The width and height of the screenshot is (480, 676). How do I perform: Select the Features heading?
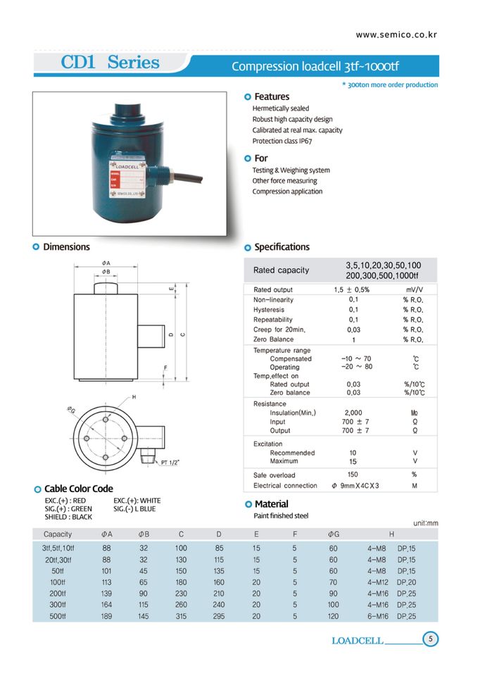271,96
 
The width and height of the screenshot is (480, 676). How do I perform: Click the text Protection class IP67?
282,141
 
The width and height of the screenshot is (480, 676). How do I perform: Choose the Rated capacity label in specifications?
281,270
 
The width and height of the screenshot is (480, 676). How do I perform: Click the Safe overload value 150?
353,475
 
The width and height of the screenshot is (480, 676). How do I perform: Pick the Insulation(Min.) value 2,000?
353,413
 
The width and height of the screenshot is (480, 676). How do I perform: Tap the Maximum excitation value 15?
353,461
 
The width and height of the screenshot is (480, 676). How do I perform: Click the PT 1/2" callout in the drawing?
171,462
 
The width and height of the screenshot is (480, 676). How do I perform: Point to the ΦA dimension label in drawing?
106,263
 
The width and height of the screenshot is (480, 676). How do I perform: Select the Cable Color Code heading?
78,489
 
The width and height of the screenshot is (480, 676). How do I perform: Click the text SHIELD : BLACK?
68,517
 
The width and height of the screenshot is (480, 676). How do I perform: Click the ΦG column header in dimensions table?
334,534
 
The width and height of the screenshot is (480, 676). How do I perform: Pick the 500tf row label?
63,616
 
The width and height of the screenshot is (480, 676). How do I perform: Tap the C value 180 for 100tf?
181,582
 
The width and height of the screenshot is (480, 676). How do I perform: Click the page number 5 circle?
431,639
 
